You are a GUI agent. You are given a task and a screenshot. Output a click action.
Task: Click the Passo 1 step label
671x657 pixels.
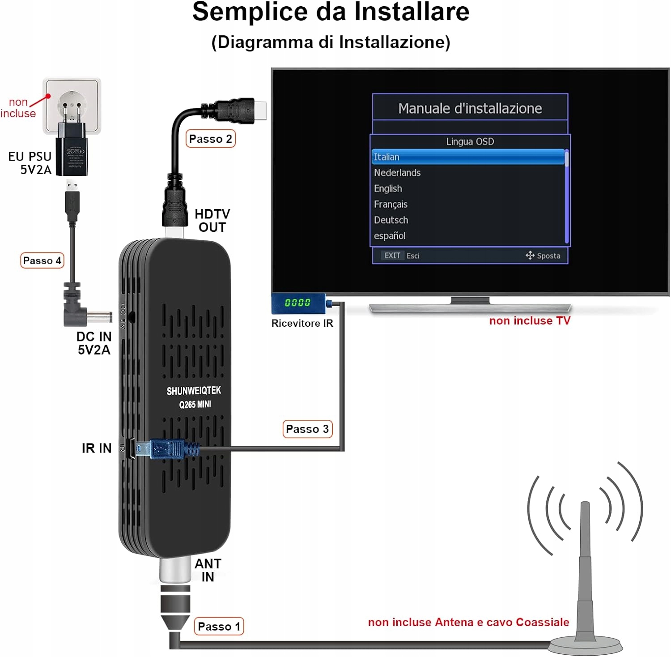[x=219, y=626]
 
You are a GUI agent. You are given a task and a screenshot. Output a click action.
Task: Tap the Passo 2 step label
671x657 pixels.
[x=210, y=139]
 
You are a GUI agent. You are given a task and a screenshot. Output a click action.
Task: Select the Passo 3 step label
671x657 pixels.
[x=307, y=429]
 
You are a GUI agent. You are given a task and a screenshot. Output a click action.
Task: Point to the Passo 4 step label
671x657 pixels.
[x=42, y=260]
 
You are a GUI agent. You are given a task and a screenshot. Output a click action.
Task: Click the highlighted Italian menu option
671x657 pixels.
[x=468, y=157]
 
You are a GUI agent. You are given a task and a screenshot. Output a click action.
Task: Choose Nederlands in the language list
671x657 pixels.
[x=397, y=173]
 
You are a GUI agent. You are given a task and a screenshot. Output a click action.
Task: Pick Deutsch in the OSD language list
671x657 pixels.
[x=391, y=220]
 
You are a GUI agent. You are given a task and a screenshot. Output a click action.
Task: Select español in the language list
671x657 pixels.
[x=390, y=236]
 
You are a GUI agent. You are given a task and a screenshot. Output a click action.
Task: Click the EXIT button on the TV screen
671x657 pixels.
[x=392, y=256]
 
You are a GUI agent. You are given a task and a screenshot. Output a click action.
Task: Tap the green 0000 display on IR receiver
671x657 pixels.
[x=297, y=303]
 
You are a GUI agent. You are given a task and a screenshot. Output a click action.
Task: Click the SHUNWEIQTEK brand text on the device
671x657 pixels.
[x=194, y=391]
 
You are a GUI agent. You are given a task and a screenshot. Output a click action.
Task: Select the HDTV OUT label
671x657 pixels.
[x=212, y=221]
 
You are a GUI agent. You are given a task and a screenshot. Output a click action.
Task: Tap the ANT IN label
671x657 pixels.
[x=208, y=570]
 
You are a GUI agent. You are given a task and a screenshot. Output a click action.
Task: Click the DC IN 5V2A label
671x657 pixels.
[x=93, y=343]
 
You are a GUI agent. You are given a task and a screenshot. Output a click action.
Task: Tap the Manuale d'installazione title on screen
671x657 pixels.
[x=470, y=108]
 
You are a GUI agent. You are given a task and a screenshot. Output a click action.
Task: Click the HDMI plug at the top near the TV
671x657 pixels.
[x=237, y=110]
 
